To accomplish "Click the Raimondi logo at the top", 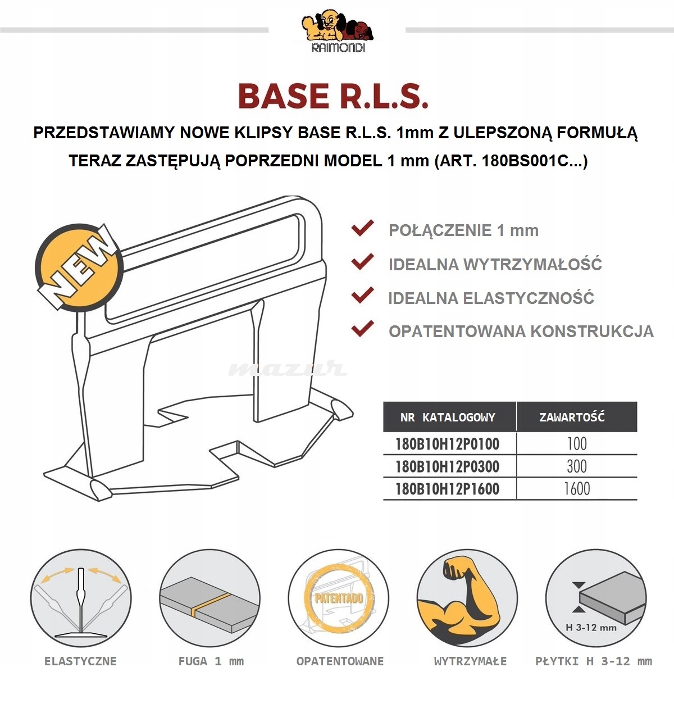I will coord(338,31).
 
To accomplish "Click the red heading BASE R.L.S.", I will coord(333,96).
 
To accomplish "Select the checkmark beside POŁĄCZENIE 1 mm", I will coord(362,228).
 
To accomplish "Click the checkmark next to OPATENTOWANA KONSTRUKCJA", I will coord(362,329).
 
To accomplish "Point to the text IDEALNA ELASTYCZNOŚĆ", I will coord(491,298).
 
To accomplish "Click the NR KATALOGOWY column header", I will coord(448,418).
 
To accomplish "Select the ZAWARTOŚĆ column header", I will coord(571,418).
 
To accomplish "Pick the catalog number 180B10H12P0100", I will coord(447,444).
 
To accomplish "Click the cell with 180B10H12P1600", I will coord(447,489).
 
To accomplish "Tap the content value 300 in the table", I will coord(576,466).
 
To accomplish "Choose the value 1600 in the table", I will coord(576,489).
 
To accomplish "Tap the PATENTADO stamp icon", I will coord(339,597).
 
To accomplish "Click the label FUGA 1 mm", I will coord(211,661).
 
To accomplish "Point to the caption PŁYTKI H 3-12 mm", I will coord(594,661).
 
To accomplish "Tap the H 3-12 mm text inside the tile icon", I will coord(591,627).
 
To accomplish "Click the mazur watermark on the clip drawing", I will coord(287,369).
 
